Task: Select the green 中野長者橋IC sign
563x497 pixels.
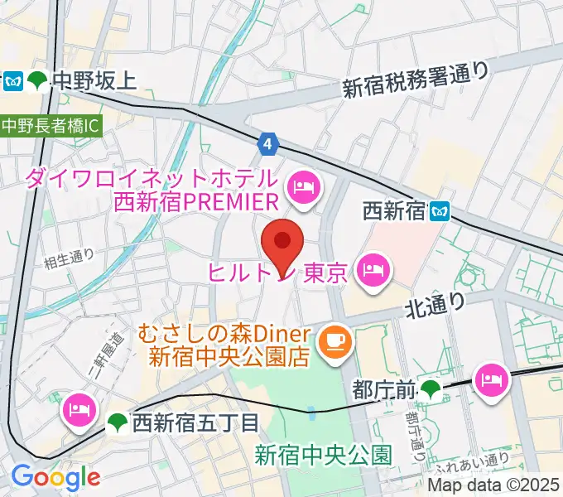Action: [50, 126]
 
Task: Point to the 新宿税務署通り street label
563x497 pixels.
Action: [416, 80]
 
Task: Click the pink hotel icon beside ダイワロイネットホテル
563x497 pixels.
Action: [303, 188]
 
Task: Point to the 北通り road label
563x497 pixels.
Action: [435, 306]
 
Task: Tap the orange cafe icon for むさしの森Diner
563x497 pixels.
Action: [336, 338]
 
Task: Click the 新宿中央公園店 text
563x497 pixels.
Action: [229, 358]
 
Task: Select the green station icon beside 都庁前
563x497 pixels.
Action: [431, 387]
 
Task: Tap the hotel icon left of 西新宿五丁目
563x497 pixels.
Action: [79, 409]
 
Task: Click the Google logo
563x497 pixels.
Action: [55, 477]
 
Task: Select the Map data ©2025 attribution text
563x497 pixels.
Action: [494, 485]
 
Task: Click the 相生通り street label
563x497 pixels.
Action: [70, 257]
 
